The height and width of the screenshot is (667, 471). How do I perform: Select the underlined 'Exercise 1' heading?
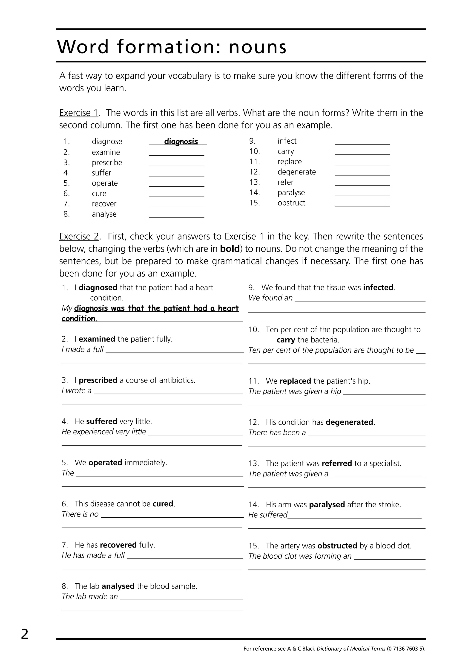coord(79,113)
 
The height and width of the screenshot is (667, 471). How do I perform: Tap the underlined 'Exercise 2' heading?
coord(79,236)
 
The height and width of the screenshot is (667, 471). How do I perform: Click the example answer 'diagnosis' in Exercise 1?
coord(181,142)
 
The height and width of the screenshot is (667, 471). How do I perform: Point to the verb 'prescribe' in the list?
coord(107,163)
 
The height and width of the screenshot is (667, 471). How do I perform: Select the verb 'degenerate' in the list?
coord(296,172)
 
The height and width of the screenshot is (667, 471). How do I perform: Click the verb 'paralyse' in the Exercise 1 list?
coord(291,193)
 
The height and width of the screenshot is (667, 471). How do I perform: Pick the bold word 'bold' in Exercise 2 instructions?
coord(230,249)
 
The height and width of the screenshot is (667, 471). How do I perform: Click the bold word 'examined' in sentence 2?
coord(97,339)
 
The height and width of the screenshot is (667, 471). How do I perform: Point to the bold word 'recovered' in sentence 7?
coord(118,545)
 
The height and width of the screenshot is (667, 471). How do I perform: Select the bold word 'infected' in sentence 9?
coord(378,288)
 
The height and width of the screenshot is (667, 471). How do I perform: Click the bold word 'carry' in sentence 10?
coord(286,340)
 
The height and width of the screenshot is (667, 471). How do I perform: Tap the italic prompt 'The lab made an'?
coord(90,597)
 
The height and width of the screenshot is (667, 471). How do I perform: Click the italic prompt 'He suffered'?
coord(267,515)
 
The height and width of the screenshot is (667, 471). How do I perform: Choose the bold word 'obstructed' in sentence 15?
coord(337,546)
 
